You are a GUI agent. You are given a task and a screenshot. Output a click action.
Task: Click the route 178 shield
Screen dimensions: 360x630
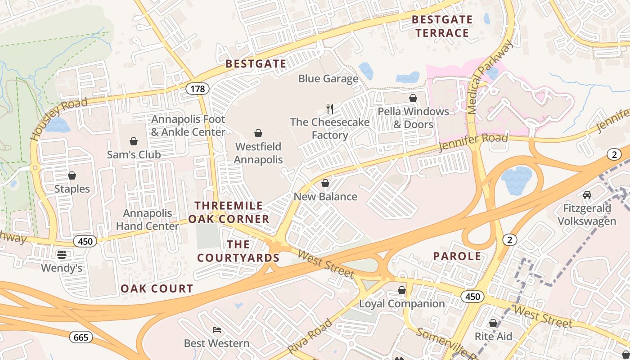(x=198, y=89)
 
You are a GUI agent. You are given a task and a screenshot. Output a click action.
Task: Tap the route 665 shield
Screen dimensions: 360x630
(x=81, y=337)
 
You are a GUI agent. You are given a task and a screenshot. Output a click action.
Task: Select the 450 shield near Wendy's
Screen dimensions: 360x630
(x=85, y=242)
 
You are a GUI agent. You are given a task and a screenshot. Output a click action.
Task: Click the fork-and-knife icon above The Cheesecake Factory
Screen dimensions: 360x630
(x=330, y=108)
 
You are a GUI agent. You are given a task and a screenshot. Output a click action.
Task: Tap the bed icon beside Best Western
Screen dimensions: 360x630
(x=216, y=330)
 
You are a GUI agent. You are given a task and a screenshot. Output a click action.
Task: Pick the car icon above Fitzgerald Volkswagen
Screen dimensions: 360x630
(x=587, y=195)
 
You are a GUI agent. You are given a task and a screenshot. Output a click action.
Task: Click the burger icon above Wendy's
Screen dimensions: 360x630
(x=62, y=255)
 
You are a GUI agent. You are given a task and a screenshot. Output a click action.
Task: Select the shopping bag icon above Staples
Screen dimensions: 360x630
(x=72, y=175)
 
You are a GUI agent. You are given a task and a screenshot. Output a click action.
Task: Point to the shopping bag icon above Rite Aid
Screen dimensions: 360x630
(x=493, y=323)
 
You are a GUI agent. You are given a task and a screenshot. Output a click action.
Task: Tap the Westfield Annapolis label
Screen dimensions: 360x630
(x=258, y=153)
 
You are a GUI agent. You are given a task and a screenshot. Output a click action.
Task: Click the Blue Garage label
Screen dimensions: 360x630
(x=328, y=79)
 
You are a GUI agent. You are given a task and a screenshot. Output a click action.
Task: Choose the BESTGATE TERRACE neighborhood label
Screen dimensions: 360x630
(x=442, y=26)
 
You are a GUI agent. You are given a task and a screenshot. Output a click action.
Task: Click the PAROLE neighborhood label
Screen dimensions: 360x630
(x=457, y=256)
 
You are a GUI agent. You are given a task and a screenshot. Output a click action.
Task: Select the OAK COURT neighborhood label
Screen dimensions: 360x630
(x=157, y=289)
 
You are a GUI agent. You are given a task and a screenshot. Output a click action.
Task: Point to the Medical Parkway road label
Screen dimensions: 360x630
(x=490, y=77)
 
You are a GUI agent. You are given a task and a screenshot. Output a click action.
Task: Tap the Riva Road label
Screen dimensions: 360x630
(x=310, y=337)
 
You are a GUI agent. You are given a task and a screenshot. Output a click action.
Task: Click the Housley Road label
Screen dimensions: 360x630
(x=58, y=120)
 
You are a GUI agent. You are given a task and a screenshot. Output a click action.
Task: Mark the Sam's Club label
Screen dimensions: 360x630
(x=134, y=155)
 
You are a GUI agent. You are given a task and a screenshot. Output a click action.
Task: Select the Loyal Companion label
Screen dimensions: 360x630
(x=402, y=304)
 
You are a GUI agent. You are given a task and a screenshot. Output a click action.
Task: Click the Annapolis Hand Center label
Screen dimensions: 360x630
(x=147, y=220)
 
